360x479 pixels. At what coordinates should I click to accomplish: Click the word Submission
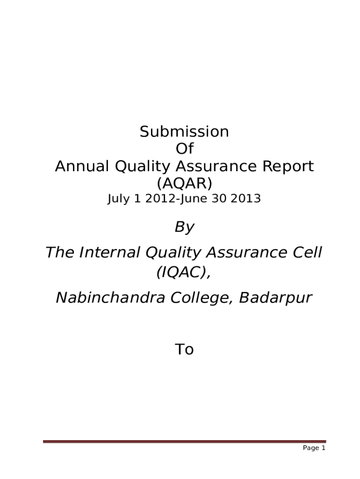(x=184, y=132)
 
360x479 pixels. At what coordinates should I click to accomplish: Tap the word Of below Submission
(x=184, y=149)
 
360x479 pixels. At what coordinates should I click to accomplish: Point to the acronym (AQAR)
(x=184, y=183)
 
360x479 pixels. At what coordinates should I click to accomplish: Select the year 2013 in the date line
(x=246, y=199)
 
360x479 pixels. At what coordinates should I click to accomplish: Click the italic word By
(x=184, y=228)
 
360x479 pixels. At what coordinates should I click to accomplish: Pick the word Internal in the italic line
(x=110, y=253)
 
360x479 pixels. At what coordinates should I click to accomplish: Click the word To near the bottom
(x=184, y=349)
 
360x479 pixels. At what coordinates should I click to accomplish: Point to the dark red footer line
(x=184, y=441)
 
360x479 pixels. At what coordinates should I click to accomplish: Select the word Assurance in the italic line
(x=234, y=253)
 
